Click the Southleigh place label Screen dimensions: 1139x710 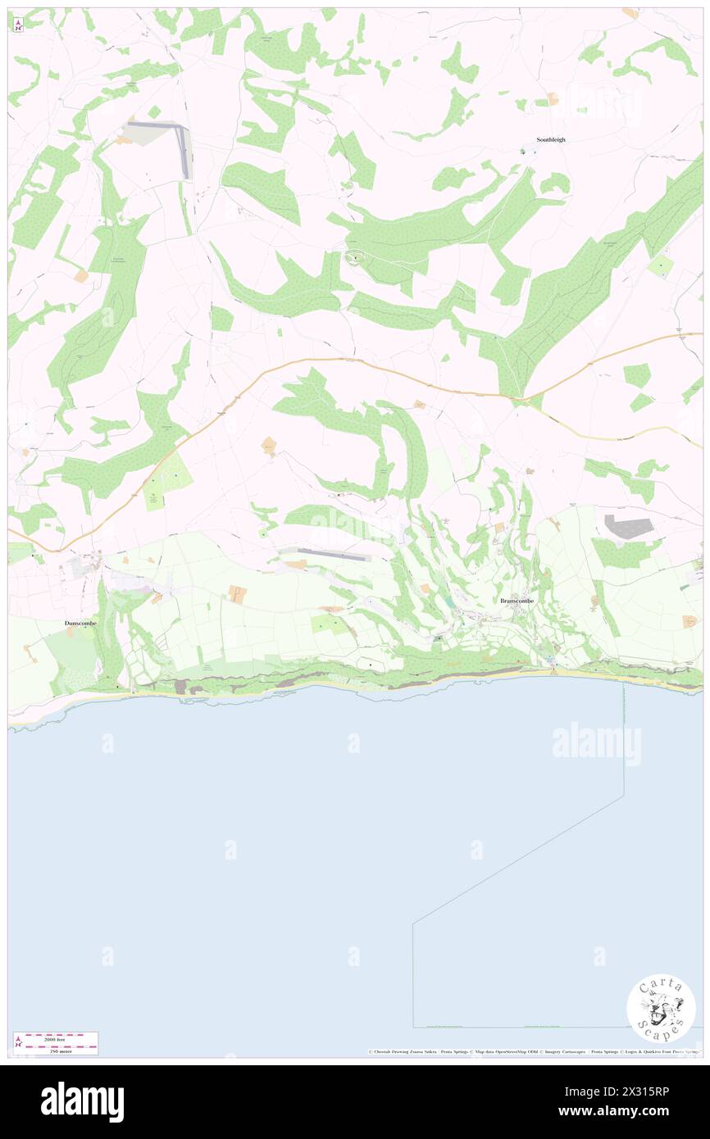tap(551, 139)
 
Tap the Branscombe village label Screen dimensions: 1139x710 tap(517, 601)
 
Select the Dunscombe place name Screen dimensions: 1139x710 tap(80, 624)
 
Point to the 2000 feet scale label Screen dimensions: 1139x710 tap(56, 1038)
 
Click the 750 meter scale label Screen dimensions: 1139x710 tap(55, 1051)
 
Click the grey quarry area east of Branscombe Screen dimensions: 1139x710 tap(628, 527)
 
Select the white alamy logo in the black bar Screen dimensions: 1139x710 tap(82, 1101)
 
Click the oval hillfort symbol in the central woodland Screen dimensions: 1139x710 tap(355, 260)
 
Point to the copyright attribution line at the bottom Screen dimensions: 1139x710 tap(533, 1052)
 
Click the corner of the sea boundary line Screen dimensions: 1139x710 tap(413, 923)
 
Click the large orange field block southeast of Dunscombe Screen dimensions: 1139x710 tap(237, 594)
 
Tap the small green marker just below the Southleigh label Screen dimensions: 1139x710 tap(526, 151)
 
